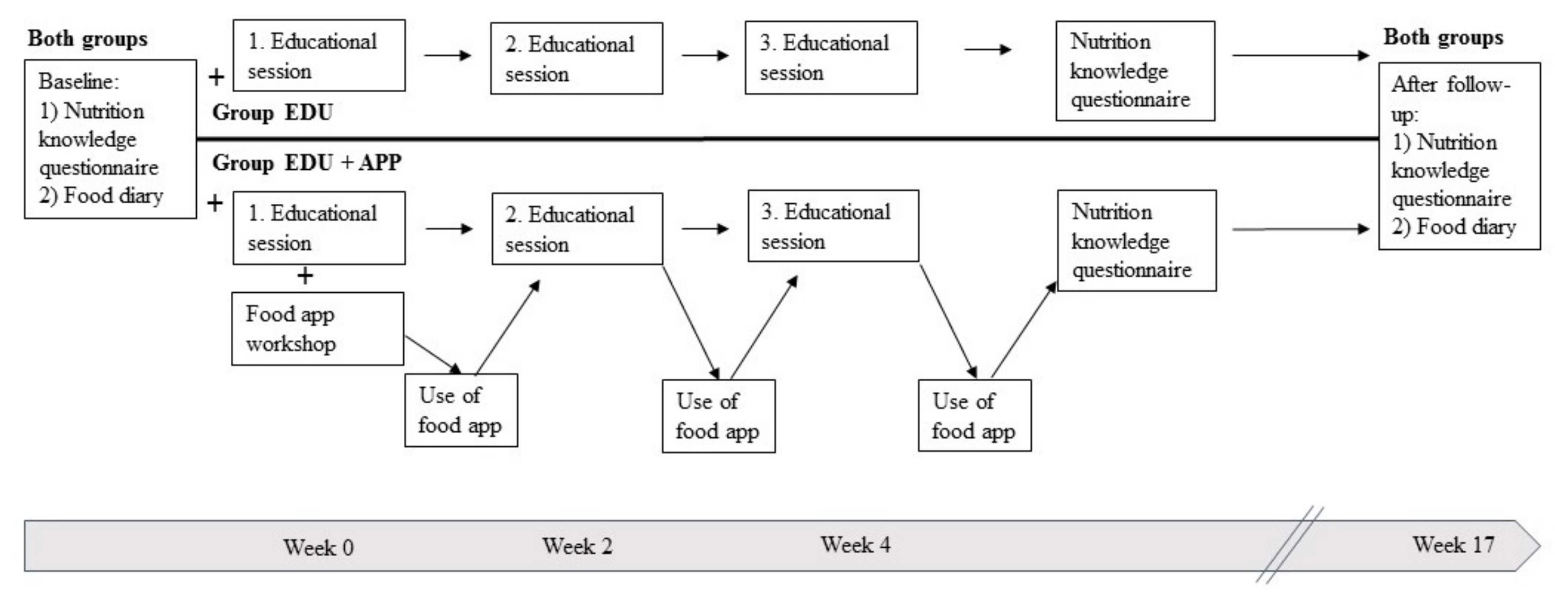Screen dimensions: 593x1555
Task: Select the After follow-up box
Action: click(x=1459, y=156)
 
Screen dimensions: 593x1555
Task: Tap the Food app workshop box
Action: click(x=318, y=329)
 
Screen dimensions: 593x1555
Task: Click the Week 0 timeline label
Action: click(x=318, y=547)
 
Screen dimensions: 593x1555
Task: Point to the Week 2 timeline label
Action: click(x=577, y=546)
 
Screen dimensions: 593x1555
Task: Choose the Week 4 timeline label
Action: click(x=855, y=545)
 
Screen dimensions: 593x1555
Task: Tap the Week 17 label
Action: click(x=1452, y=545)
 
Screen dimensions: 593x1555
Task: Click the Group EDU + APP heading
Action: click(x=307, y=163)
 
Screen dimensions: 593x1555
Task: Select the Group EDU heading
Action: click(x=272, y=113)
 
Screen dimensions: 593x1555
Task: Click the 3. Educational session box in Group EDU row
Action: click(x=831, y=58)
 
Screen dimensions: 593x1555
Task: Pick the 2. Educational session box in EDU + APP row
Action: click(x=577, y=229)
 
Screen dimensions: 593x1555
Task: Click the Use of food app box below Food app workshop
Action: click(x=460, y=410)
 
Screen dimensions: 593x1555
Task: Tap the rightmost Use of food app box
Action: click(x=974, y=416)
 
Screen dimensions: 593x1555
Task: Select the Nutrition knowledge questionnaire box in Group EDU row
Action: click(x=1135, y=71)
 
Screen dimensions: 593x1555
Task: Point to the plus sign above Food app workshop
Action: click(x=305, y=276)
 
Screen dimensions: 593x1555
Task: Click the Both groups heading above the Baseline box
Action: click(x=87, y=39)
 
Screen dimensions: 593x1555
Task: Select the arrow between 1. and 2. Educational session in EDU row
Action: click(x=447, y=55)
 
